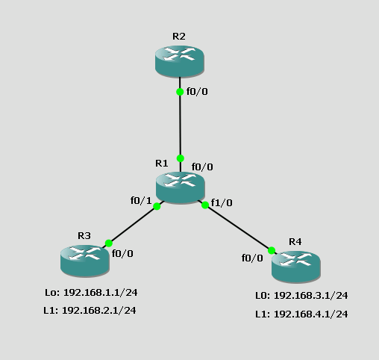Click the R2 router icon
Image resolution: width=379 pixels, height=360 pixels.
pos(179,60)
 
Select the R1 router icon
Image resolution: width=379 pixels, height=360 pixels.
pos(180,187)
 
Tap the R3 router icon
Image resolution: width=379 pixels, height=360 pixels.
pos(84,259)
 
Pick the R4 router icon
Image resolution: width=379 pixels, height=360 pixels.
pos(295,265)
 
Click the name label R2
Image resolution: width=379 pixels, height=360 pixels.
pos(179,35)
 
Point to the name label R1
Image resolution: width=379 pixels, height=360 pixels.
pos(162,163)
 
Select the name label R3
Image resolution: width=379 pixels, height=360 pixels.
pos(84,235)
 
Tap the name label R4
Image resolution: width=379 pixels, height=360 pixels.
pos(295,241)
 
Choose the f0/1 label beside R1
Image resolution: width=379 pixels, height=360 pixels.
pos(141,200)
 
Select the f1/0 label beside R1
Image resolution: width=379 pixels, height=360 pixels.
pos(222,202)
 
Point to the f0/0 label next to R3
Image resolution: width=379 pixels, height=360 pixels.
pos(122,253)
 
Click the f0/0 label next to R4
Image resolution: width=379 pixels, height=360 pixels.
pos(252,258)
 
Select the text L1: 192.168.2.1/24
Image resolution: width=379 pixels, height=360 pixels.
pos(90,310)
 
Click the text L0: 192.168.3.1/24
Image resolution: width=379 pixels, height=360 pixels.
pos(301,295)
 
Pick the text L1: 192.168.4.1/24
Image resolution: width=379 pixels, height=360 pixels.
pos(301,314)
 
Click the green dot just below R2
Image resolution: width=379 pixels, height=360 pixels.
pos(180,92)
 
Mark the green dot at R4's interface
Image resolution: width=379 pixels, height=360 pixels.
pos(272,250)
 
